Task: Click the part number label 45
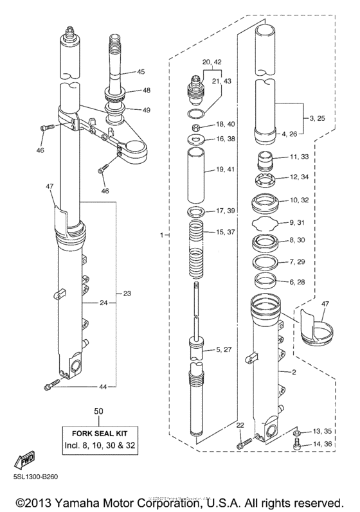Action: click(x=141, y=71)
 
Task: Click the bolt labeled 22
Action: click(x=242, y=443)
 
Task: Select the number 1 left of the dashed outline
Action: click(x=162, y=236)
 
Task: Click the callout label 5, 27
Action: click(x=226, y=350)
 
